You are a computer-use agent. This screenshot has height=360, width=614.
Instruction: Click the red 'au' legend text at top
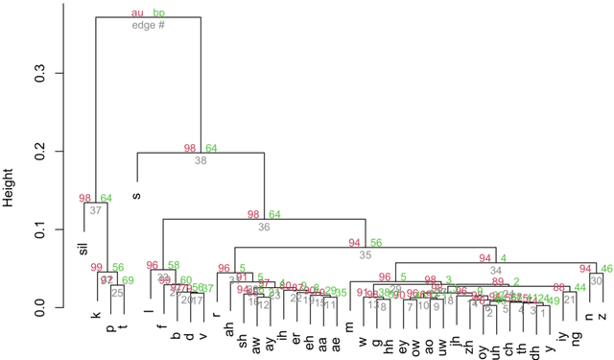[x=137, y=13]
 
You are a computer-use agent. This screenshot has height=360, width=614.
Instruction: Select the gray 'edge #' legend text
[x=149, y=25]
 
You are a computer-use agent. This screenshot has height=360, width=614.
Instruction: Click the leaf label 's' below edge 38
[x=135, y=197]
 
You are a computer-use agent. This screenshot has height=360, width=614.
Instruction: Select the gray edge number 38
[x=201, y=161]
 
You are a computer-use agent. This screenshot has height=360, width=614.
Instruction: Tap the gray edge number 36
[x=264, y=228]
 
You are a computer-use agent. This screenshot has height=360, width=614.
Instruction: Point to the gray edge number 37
[x=96, y=210]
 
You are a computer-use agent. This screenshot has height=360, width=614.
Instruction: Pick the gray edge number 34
[x=495, y=271]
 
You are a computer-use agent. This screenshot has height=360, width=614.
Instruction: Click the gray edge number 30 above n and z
[x=596, y=280]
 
